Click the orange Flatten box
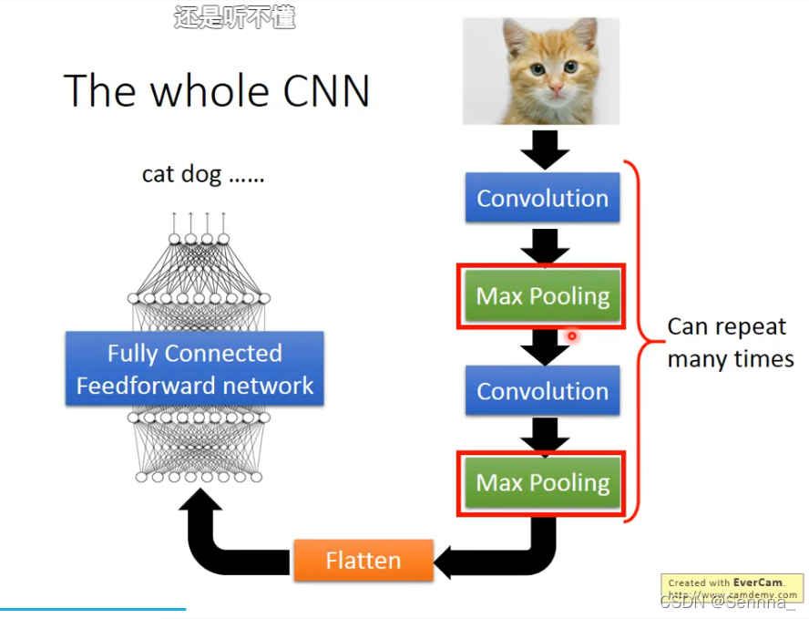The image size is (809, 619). (x=363, y=560)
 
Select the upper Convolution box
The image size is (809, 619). (x=543, y=199)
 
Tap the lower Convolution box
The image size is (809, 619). (x=543, y=391)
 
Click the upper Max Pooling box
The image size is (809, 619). (x=543, y=296)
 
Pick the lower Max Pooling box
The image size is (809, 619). (x=543, y=482)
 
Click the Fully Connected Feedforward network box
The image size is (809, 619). (x=195, y=369)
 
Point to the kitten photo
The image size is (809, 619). (x=541, y=71)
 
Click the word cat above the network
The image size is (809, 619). (x=158, y=174)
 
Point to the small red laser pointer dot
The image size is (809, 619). (x=572, y=336)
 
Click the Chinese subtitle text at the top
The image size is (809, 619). (x=234, y=17)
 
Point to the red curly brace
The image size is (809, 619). (x=638, y=342)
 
